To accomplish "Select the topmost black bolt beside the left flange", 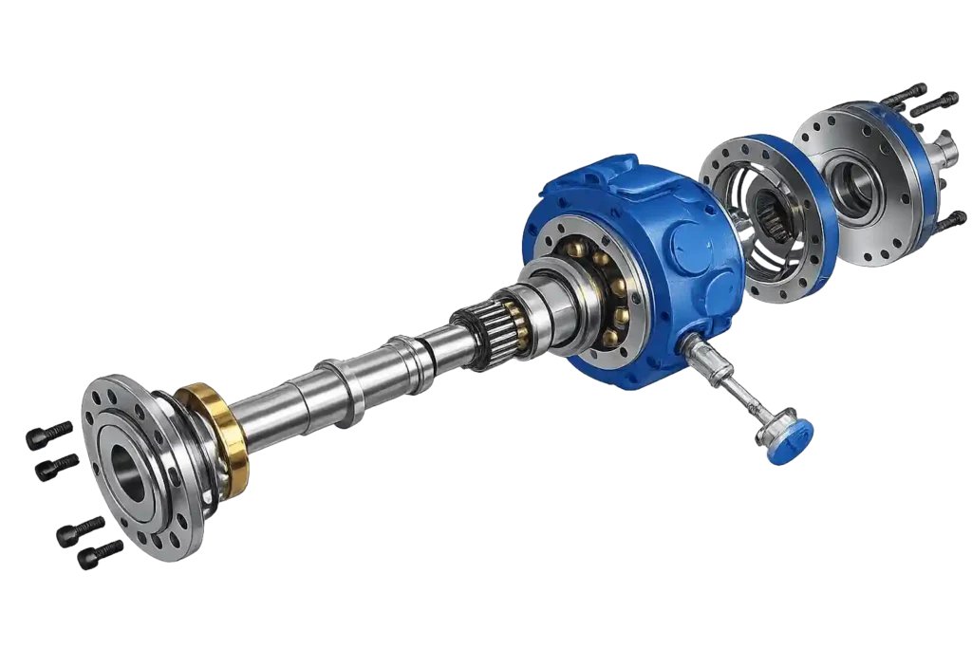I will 49,433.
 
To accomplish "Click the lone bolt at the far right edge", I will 949,221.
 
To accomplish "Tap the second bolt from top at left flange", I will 57,466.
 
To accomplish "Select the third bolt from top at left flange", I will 81,528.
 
